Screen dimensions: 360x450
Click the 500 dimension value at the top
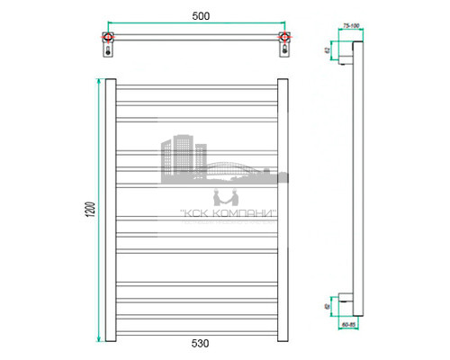coord(197,15)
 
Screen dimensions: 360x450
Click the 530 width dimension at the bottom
coord(197,344)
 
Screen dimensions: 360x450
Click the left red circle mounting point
coord(109,38)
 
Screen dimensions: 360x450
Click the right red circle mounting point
coord(284,38)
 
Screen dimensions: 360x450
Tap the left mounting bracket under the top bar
coord(110,50)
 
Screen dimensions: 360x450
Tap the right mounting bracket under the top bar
coord(285,50)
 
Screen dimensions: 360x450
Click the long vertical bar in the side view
coord(359,180)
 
